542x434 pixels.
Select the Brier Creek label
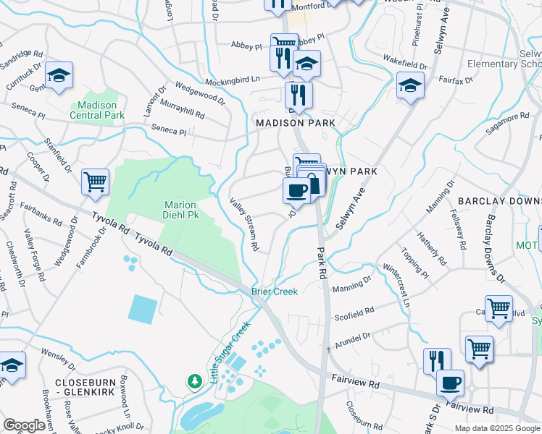click(x=275, y=292)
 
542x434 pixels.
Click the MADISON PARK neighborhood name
click(x=296, y=124)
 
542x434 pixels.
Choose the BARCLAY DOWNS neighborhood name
click(x=499, y=200)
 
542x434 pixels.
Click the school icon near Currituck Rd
click(x=59, y=75)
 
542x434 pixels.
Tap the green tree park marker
click(x=195, y=380)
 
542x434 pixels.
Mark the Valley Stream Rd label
click(x=245, y=224)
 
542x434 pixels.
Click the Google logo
click(x=25, y=425)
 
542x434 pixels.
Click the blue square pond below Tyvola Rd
click(x=142, y=309)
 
